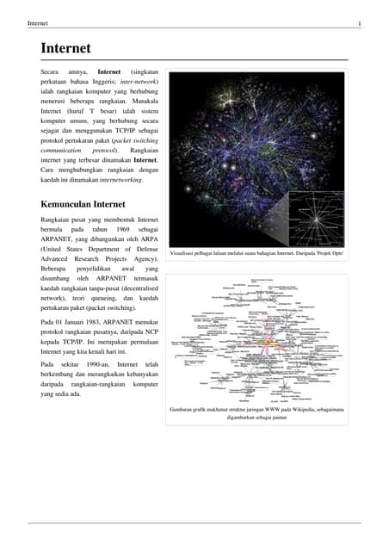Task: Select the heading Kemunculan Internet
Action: [x=83, y=205]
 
